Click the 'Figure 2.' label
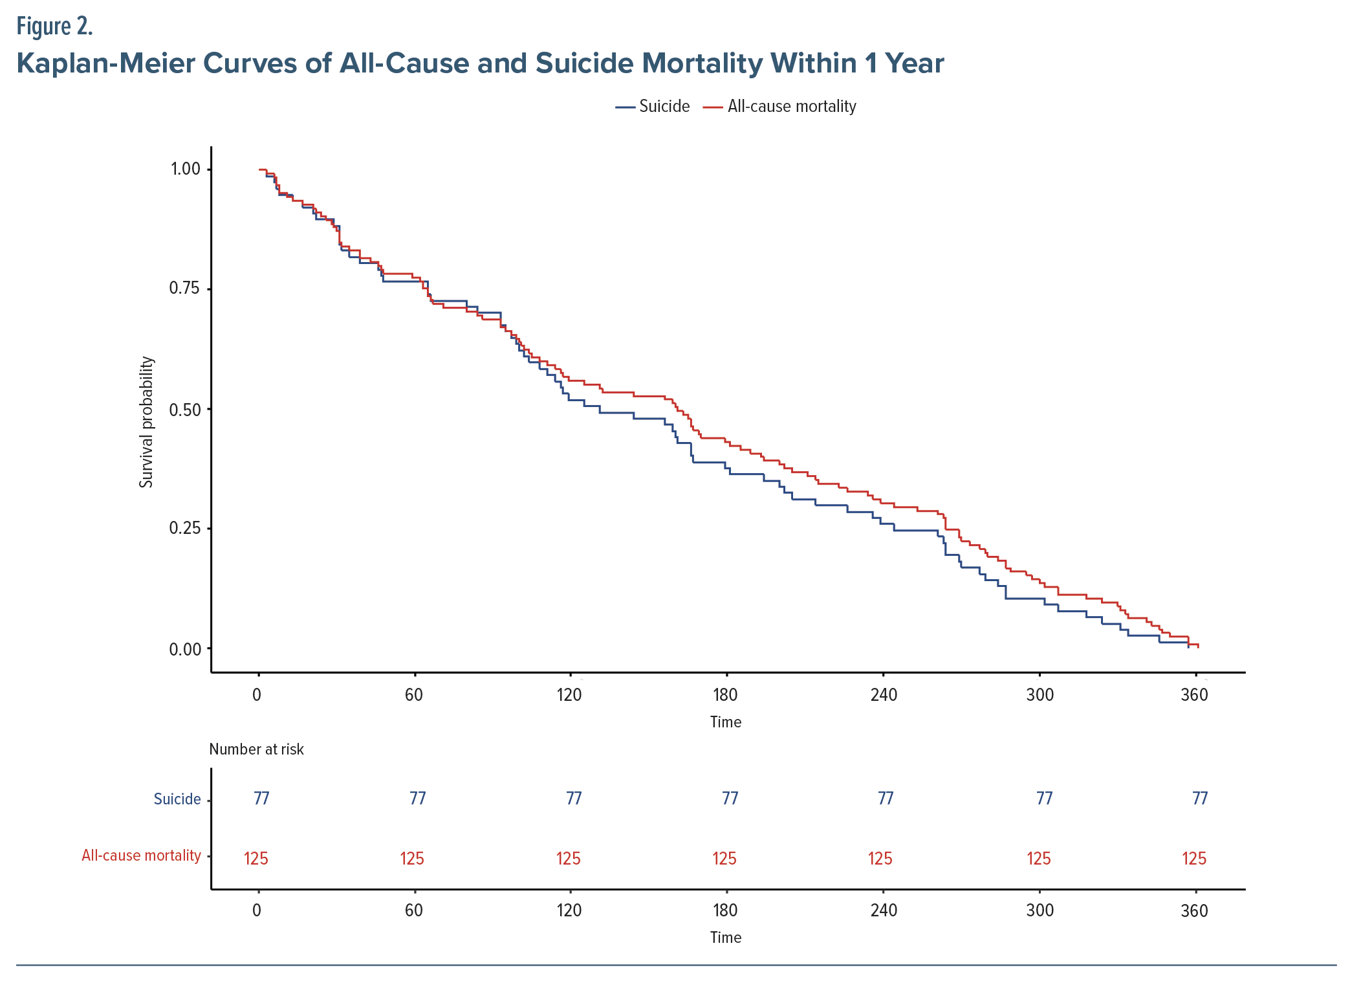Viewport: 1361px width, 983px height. (x=55, y=27)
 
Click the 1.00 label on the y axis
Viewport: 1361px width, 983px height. (x=185, y=169)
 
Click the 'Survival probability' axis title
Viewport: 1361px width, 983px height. (x=147, y=422)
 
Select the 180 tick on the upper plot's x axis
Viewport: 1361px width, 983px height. (x=725, y=695)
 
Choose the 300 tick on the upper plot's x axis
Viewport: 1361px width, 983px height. (x=1040, y=695)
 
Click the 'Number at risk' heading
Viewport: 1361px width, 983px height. (x=256, y=749)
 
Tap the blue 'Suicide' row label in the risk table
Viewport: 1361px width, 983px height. (x=177, y=799)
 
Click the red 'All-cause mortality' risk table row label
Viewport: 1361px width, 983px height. (x=141, y=856)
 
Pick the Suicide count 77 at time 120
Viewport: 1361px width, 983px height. (x=574, y=799)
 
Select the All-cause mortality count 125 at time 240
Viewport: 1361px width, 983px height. (x=880, y=859)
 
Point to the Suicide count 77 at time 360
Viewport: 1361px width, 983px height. (x=1200, y=799)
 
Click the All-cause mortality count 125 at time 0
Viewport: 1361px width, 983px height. (x=256, y=859)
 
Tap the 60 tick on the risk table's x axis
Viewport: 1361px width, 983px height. (x=413, y=911)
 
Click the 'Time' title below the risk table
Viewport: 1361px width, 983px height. (x=725, y=938)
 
